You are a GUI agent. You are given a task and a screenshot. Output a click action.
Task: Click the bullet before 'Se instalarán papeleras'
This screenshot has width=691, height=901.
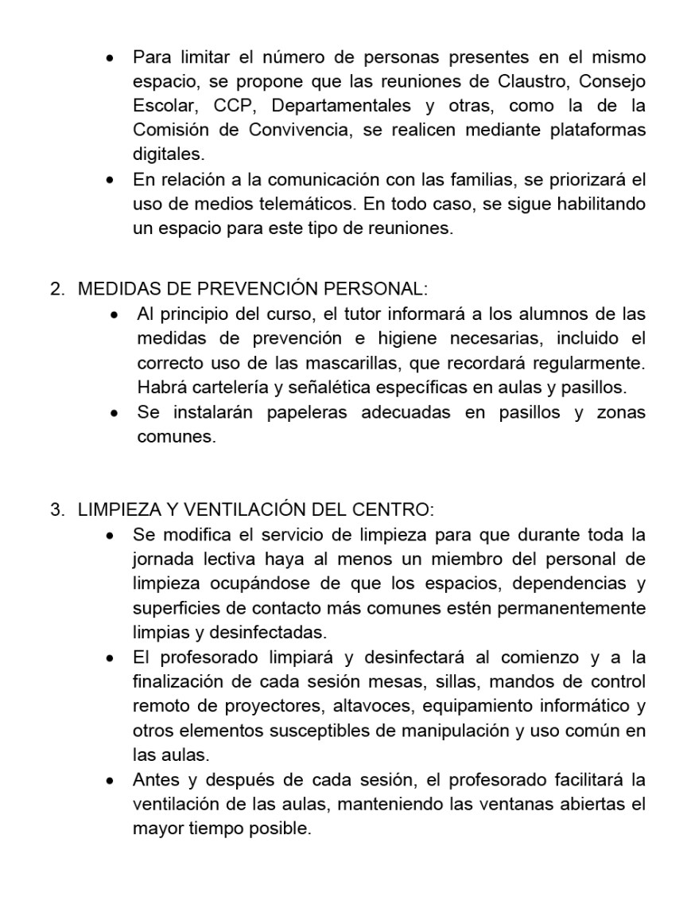tap(116, 414)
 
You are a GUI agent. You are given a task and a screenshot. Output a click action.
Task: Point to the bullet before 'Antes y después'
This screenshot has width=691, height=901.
tap(112, 780)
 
